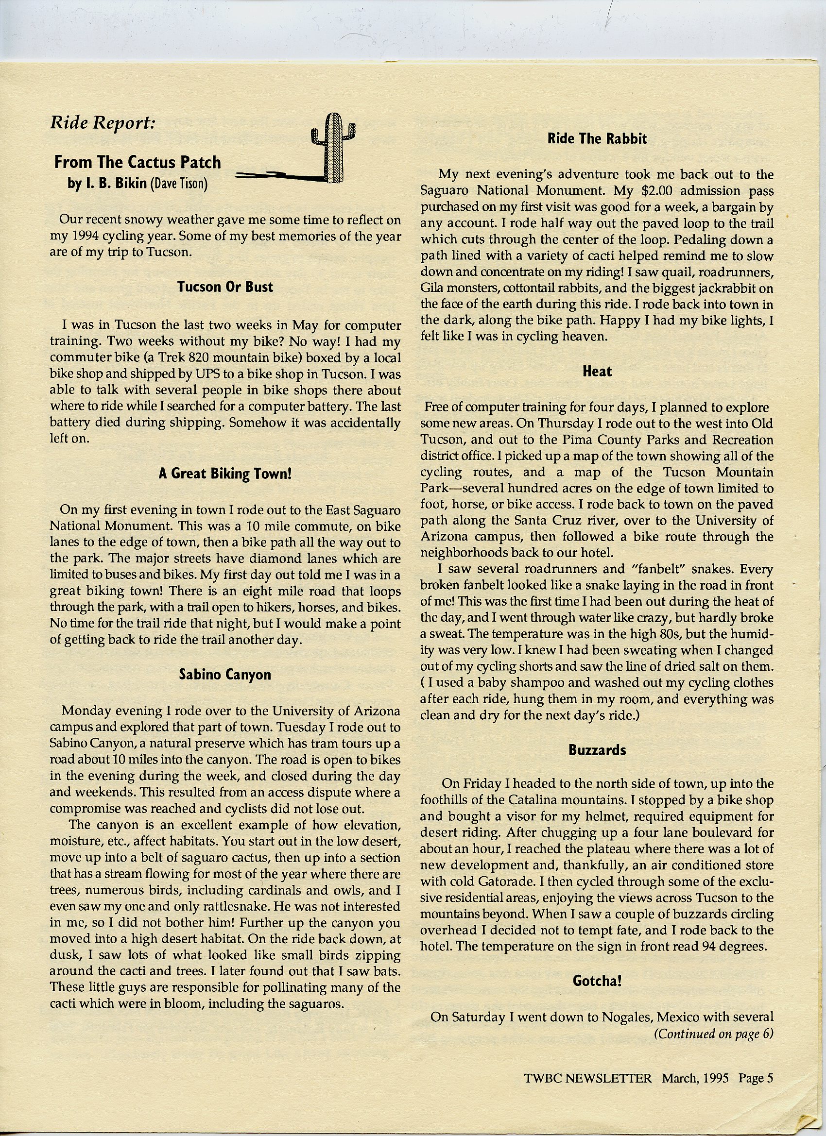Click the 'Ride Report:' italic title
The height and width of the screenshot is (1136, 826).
tap(103, 123)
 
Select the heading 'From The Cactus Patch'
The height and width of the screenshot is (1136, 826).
tap(138, 162)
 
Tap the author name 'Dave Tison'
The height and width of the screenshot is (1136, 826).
tap(180, 184)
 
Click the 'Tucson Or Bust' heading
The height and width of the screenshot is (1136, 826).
tap(225, 287)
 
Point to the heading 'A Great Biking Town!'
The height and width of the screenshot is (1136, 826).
tap(225, 474)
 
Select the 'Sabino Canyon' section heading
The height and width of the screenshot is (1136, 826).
tap(225, 675)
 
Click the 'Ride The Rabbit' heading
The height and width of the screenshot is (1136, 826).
tap(597, 139)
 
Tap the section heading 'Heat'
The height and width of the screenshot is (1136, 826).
tap(597, 372)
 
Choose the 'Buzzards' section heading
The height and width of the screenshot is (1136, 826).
tap(597, 750)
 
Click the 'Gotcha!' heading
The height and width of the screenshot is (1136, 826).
tap(597, 980)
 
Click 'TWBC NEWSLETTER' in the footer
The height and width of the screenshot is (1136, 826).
tap(588, 1078)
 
